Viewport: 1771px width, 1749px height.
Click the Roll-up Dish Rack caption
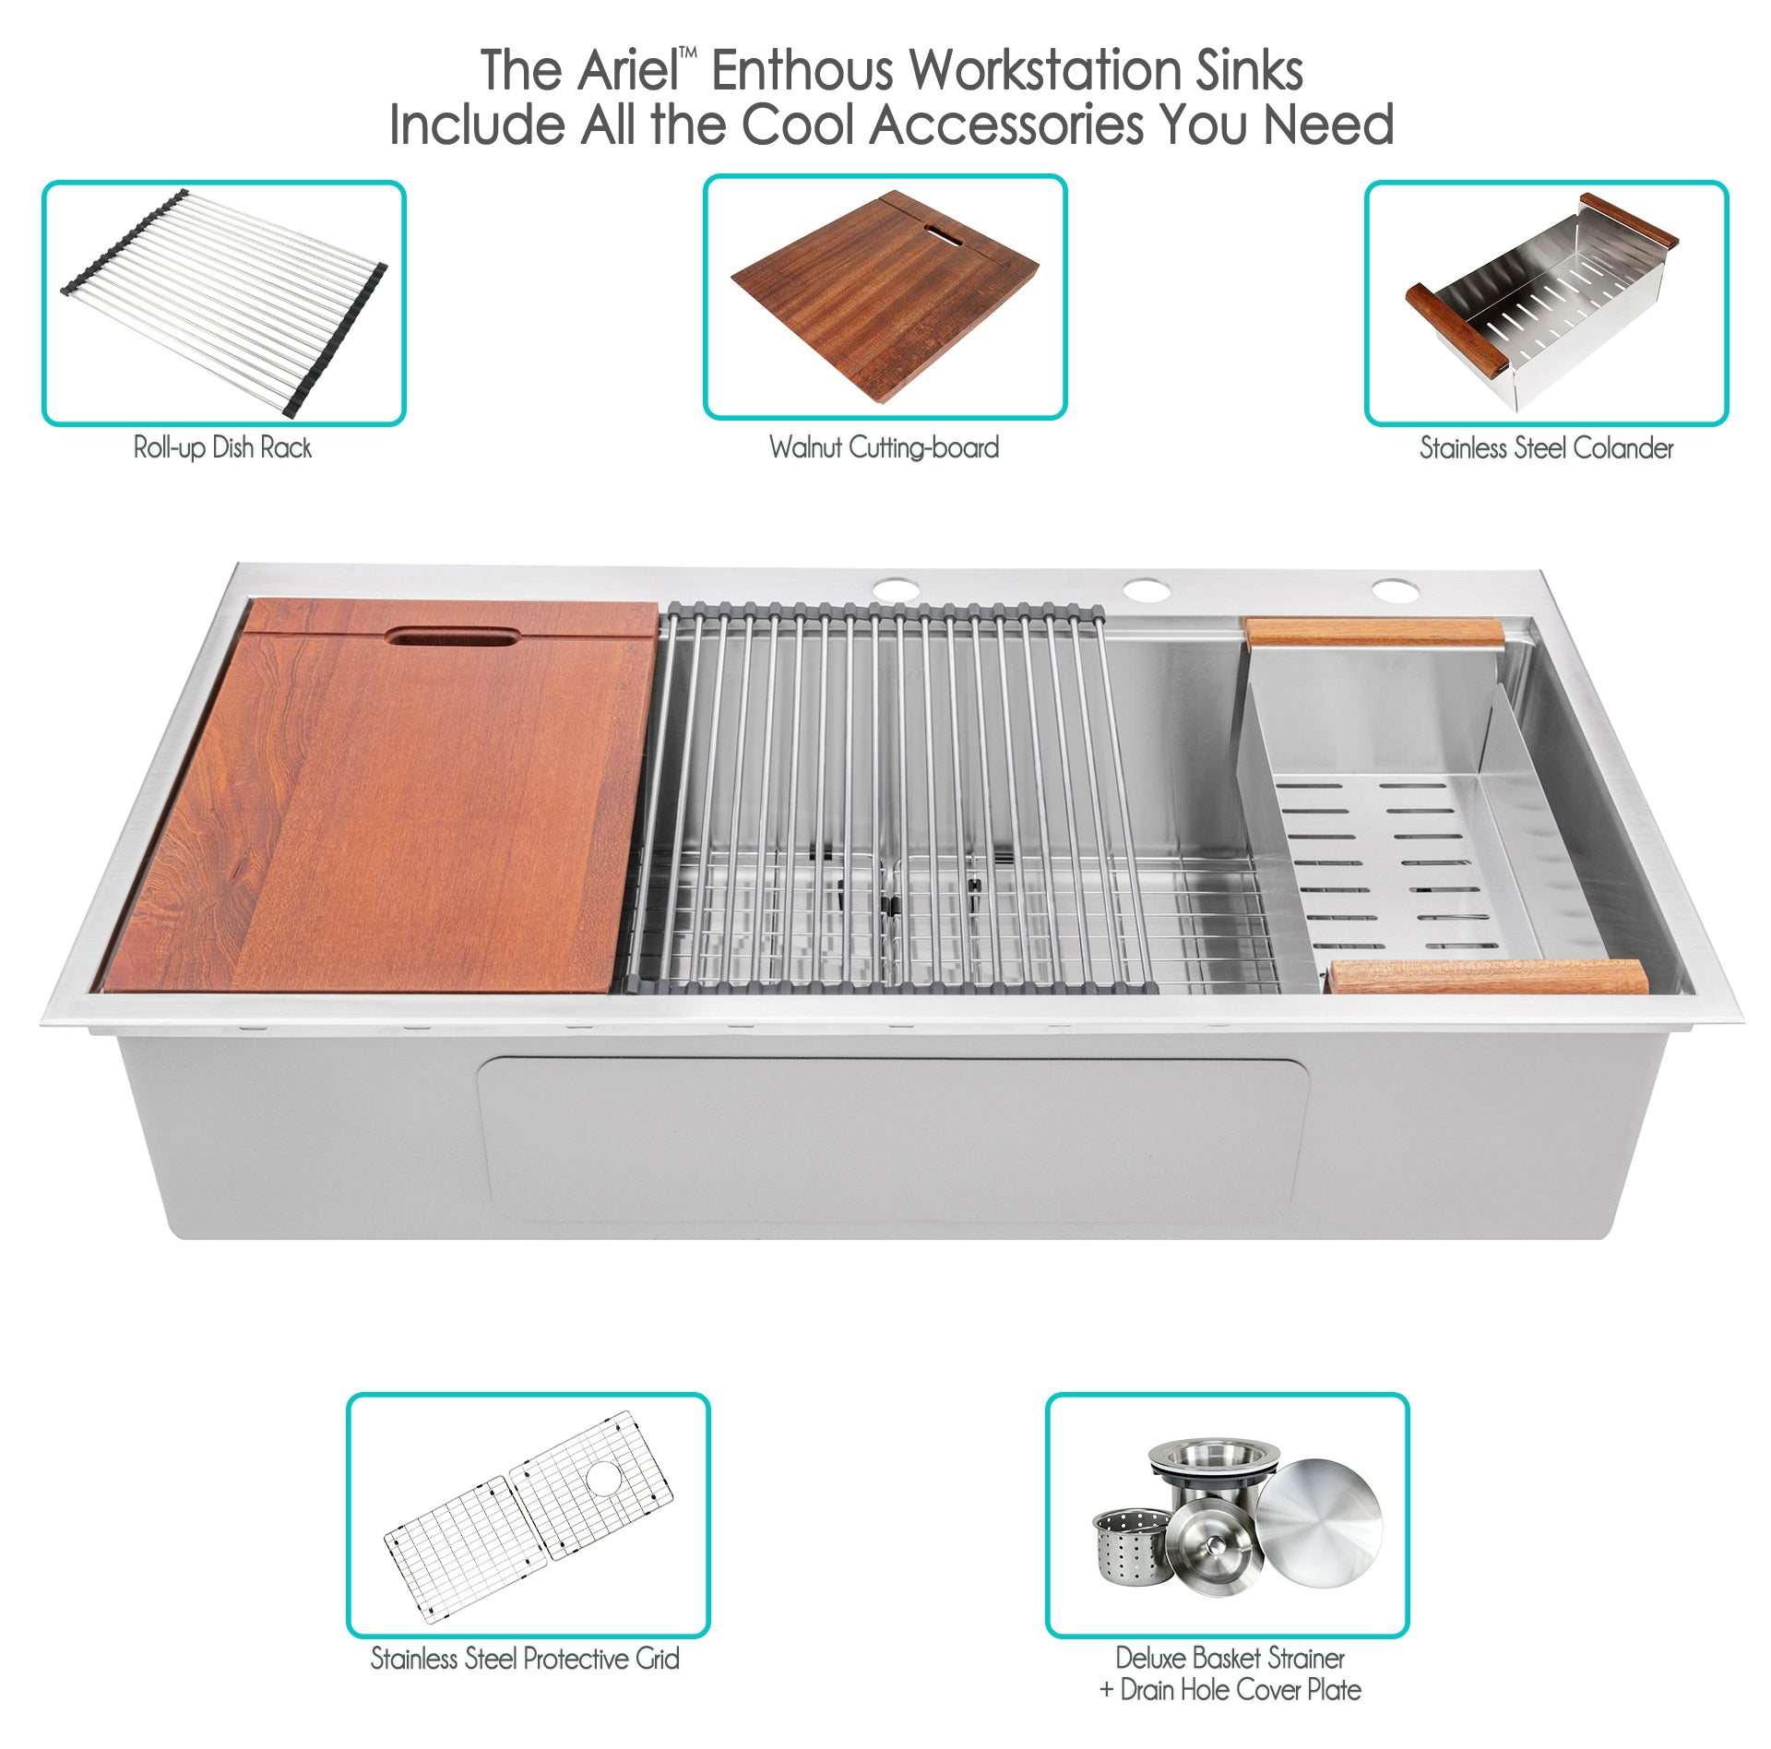click(222, 448)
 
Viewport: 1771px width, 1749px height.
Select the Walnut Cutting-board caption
click(885, 448)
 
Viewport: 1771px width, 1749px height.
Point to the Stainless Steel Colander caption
click(1546, 448)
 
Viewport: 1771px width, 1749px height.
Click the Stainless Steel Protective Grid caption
click(525, 1659)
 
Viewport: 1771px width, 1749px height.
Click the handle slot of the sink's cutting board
click(453, 637)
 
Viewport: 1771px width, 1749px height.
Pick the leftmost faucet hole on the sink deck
click(897, 589)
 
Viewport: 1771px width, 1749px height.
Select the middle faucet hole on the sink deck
click(1146, 589)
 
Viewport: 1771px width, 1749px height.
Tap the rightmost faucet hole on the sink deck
click(1394, 589)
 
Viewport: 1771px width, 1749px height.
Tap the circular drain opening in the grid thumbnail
click(605, 1477)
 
